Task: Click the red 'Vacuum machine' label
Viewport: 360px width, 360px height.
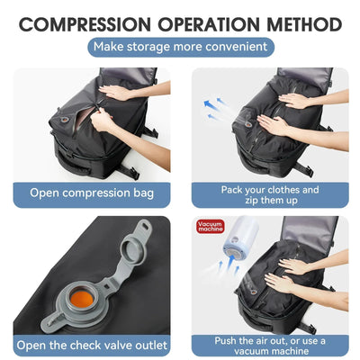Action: pyautogui.click(x=210, y=229)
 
